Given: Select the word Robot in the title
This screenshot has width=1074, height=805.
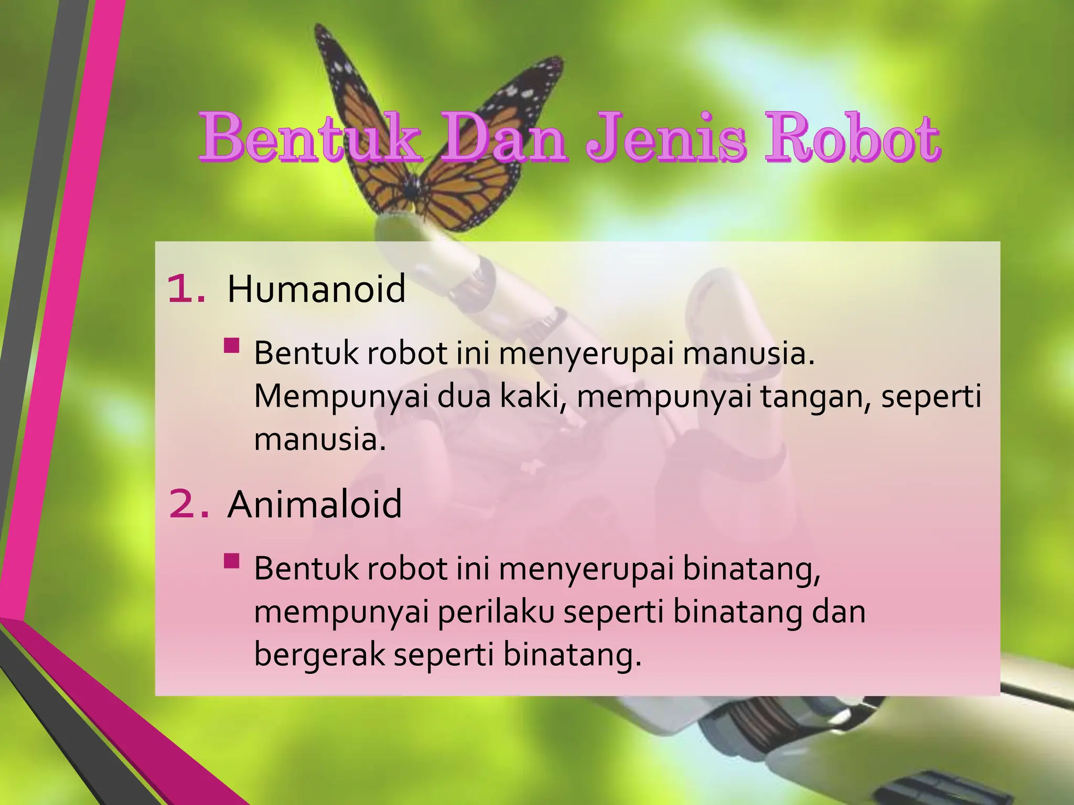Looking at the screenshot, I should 853,137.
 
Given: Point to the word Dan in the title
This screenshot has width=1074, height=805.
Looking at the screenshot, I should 503,137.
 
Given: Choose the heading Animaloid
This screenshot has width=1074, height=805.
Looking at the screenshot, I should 315,504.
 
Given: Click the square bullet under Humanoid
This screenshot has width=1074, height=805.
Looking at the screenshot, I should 231,346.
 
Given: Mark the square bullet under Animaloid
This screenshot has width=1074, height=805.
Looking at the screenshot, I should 231,562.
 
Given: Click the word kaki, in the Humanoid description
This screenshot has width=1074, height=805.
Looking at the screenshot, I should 533,397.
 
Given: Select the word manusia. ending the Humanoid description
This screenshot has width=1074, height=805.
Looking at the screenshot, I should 320,439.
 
